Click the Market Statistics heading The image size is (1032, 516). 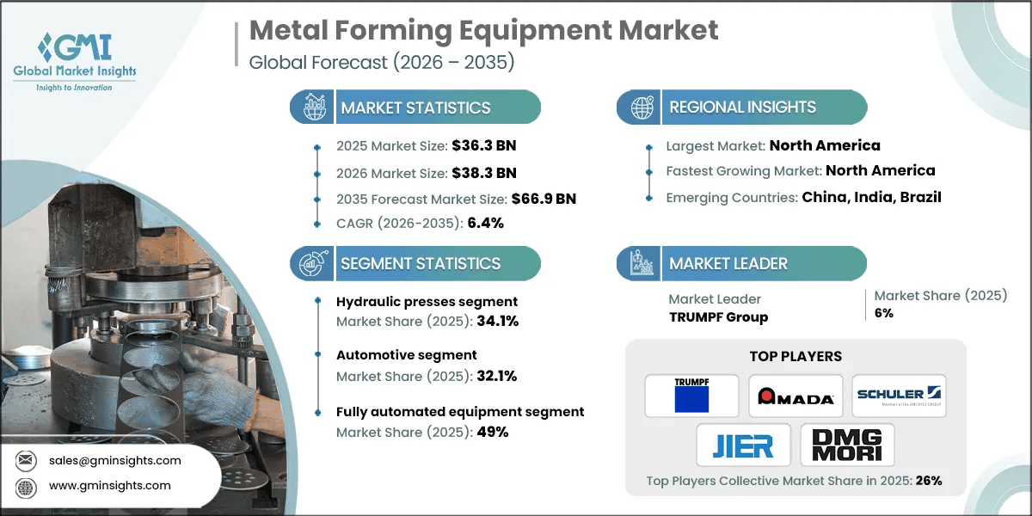pos(415,107)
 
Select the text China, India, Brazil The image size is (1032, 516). pos(871,197)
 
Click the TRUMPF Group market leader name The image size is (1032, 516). pos(718,316)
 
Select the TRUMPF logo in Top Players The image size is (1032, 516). pos(691,396)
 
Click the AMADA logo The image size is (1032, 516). pos(795,396)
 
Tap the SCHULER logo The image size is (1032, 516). pos(899,396)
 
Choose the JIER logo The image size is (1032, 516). pos(743,445)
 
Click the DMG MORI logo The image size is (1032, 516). pos(847,445)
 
